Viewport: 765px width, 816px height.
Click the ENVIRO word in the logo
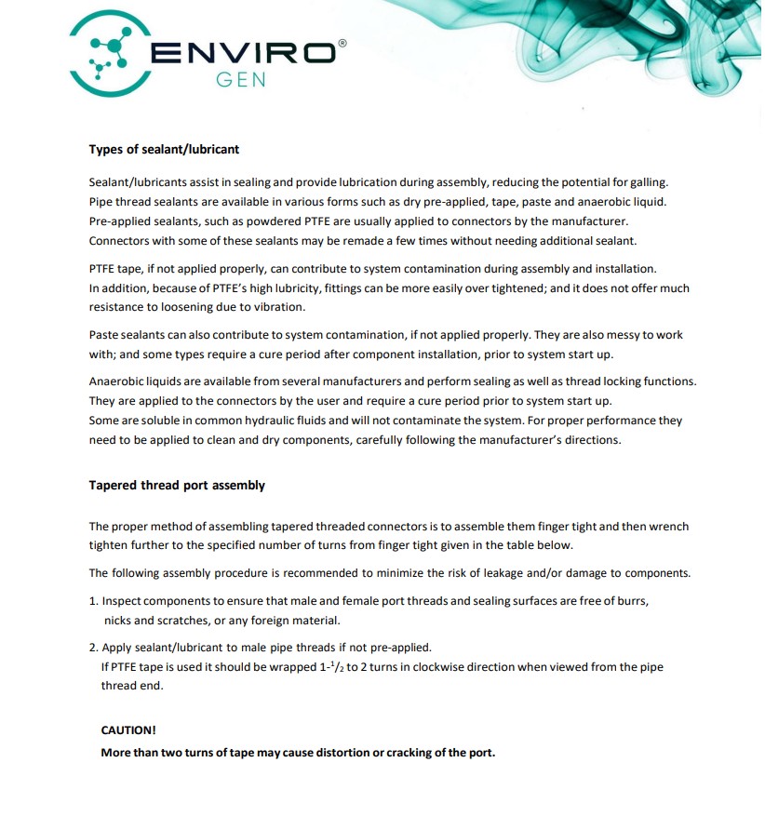[x=243, y=54]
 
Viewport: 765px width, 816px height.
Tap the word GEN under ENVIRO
[x=241, y=80]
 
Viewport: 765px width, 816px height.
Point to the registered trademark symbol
[x=342, y=43]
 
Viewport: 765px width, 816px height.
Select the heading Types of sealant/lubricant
[x=164, y=149]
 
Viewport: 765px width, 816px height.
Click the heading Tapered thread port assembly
[x=177, y=485]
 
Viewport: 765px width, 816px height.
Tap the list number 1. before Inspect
[x=94, y=601]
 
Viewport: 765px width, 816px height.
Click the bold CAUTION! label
[x=128, y=730]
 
